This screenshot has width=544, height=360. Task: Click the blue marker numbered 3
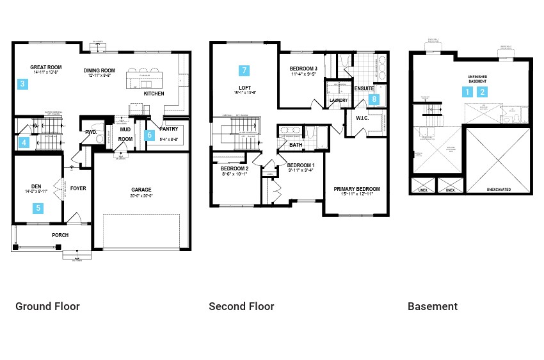22,84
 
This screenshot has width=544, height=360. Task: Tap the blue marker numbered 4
24,142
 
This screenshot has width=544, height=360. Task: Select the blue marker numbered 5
38,208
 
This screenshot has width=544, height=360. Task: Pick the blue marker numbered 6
150,135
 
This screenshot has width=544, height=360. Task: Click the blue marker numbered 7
243,70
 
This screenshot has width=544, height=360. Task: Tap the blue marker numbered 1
468,92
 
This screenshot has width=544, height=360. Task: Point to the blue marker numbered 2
483,92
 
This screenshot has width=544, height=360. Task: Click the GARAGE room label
141,190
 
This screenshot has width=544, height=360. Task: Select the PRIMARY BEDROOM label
356,189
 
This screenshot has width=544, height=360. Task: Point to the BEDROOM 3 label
303,69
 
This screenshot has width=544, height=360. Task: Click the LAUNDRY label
338,101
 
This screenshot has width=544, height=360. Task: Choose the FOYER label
78,188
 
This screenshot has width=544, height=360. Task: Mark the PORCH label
60,235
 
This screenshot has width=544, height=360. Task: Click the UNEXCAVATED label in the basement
499,190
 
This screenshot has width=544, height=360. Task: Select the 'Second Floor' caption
241,306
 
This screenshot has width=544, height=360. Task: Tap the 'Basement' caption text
433,306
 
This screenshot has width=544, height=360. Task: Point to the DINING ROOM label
99,70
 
